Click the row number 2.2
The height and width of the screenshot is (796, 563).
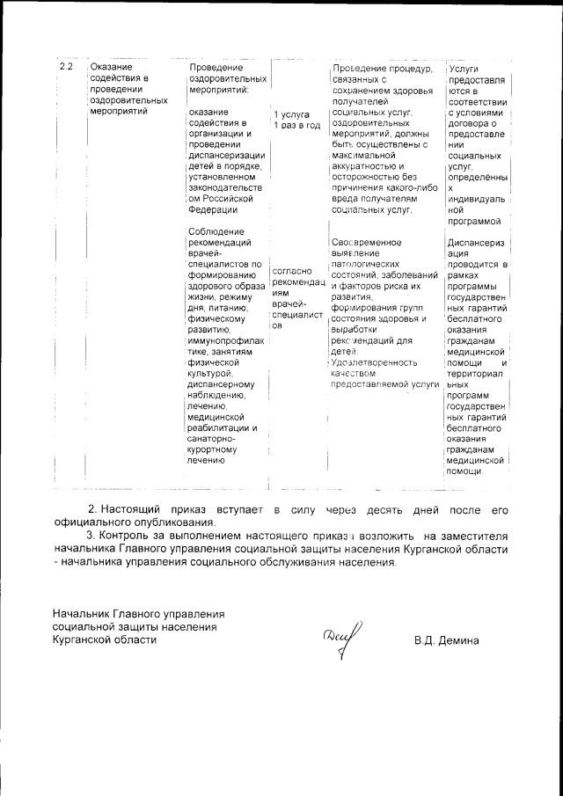[64, 68]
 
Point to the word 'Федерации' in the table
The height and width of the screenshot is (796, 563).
[213, 209]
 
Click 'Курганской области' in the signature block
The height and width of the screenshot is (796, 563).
[105, 639]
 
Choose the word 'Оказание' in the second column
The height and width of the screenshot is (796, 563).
[112, 68]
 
